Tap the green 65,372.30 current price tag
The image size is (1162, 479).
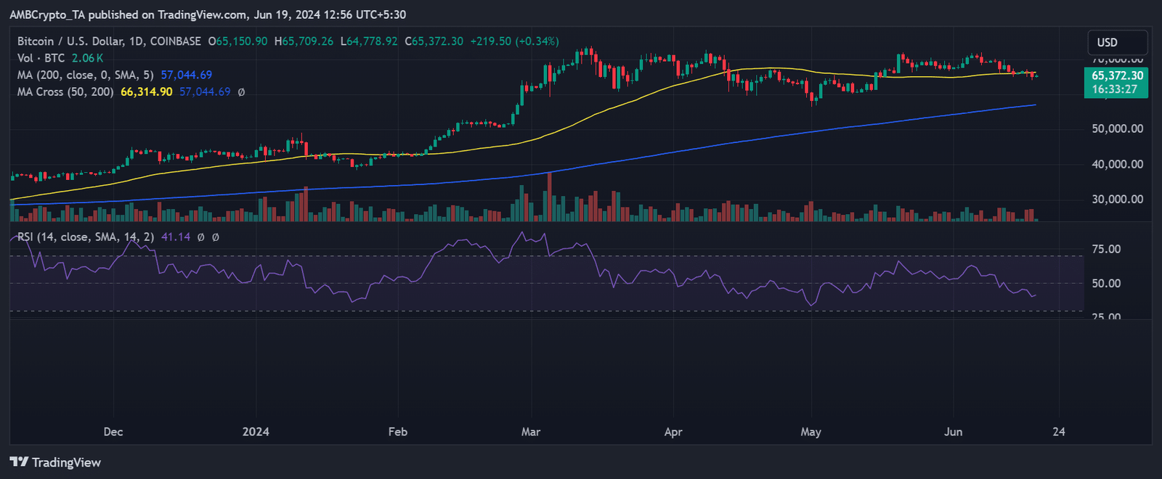pos(1117,75)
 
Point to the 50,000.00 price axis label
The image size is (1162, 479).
pos(1117,128)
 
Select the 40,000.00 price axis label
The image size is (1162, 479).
pos(1117,164)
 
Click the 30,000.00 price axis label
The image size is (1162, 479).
pos(1117,199)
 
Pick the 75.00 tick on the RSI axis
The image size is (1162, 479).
pos(1106,249)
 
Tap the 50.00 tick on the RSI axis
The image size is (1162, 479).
pos(1106,283)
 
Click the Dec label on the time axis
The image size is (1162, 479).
pos(113,431)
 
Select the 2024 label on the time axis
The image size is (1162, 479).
pos(256,431)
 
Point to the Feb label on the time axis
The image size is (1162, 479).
pos(398,431)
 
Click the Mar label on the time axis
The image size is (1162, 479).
pos(531,431)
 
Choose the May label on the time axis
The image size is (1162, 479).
pos(810,431)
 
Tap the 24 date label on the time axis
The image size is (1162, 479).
pos(1059,431)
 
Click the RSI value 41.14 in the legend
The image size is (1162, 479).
pos(176,237)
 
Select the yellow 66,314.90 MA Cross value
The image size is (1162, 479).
pos(147,92)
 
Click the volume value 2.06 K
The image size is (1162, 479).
pos(88,58)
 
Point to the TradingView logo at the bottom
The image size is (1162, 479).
pos(56,462)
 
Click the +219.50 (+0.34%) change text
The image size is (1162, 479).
pos(514,41)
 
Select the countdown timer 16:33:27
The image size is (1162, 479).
pos(1114,89)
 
